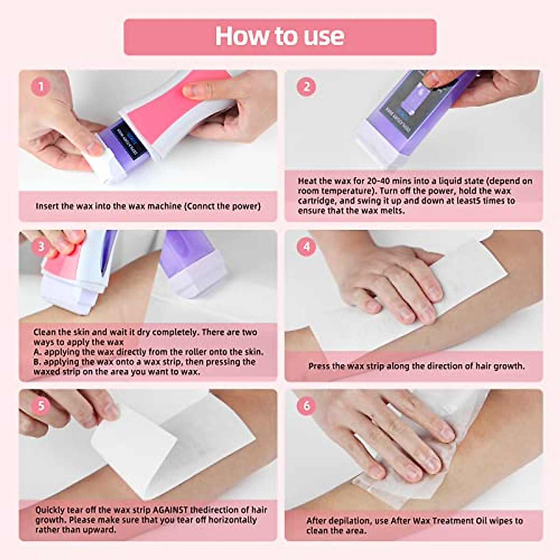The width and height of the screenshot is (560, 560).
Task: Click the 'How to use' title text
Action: pos(280,36)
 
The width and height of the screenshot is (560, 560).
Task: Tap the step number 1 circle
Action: pos(41,87)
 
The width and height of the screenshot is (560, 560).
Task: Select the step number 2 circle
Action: pos(307,87)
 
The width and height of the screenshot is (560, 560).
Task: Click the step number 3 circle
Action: pos(41,246)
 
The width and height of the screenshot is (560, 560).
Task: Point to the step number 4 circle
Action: pos(307,246)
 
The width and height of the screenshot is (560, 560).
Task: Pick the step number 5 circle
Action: pos(41,406)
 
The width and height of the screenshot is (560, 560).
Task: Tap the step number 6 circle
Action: pos(307,406)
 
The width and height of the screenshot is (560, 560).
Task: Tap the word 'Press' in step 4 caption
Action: pos(319,366)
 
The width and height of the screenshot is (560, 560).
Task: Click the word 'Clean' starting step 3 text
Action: pos(45,332)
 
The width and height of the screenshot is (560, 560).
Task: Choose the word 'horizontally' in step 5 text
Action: pos(232,520)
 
